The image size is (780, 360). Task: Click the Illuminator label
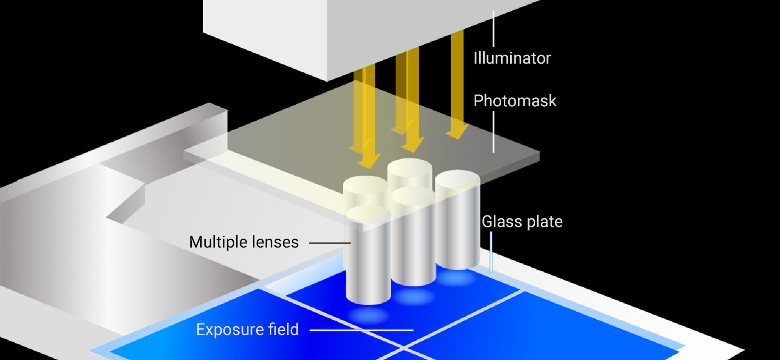click(512, 58)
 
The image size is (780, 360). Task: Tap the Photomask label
click(515, 101)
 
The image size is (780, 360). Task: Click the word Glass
click(502, 222)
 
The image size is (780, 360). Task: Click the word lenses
click(275, 242)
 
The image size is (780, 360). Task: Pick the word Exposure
click(229, 330)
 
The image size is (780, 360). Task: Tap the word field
click(283, 330)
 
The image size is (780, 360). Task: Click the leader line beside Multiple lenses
click(330, 243)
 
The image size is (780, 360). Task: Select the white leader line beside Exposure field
click(361, 330)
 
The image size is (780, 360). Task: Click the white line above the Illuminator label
click(493, 29)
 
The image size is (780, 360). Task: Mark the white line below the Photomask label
click(493, 132)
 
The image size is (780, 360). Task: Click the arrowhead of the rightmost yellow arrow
click(457, 132)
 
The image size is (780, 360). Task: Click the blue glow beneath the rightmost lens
click(457, 278)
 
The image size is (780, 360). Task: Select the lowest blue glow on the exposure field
click(368, 315)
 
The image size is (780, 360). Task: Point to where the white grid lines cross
click(404, 348)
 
